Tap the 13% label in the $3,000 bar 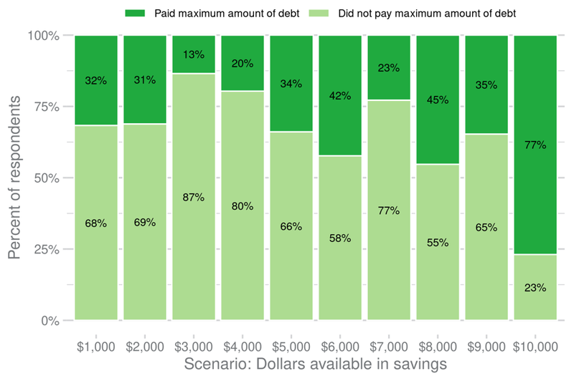pyautogui.click(x=193, y=54)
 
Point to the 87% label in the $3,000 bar pyautogui.click(x=193, y=197)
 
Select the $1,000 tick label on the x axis pyautogui.click(x=95, y=347)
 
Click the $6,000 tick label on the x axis pyautogui.click(x=339, y=347)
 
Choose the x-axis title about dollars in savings pyautogui.click(x=315, y=364)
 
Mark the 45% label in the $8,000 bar pyautogui.click(x=437, y=100)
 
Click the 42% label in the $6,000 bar pyautogui.click(x=339, y=95)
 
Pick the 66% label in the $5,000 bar pyautogui.click(x=291, y=226)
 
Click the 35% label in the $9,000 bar pyautogui.click(x=486, y=85)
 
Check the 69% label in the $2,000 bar pyautogui.click(x=144, y=223)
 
